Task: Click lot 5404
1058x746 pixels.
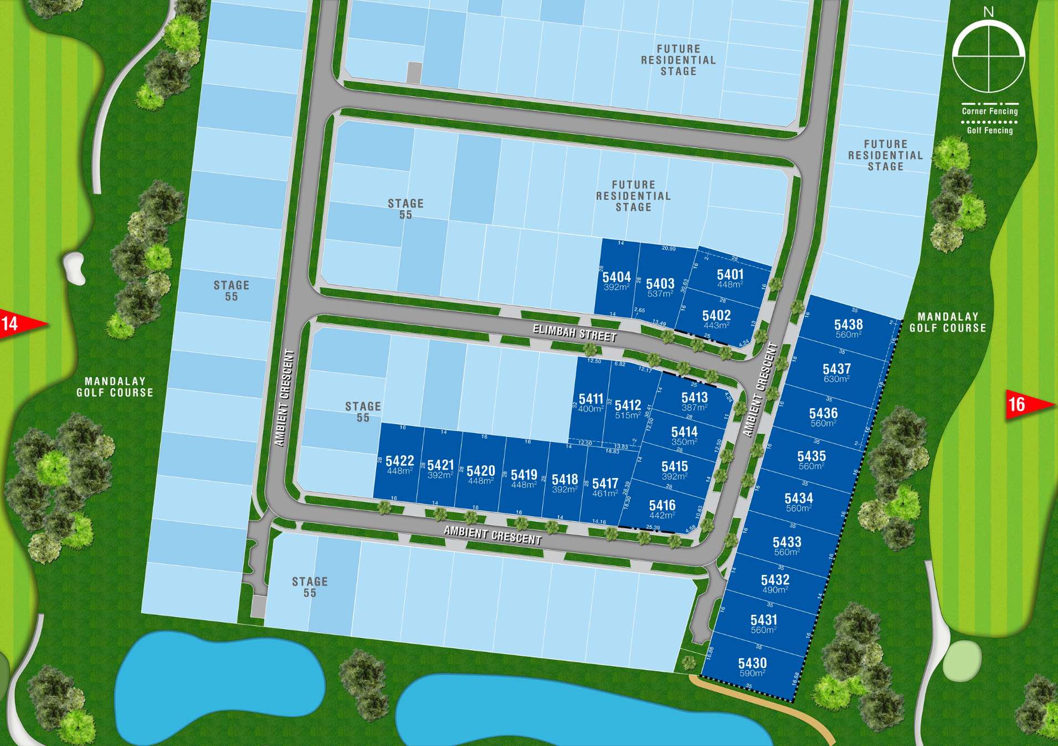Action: click(x=616, y=280)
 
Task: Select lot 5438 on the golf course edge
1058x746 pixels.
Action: click(x=848, y=327)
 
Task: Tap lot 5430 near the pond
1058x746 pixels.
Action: click(x=752, y=666)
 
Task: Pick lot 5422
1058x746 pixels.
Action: click(x=399, y=464)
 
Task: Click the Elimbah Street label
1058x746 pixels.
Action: click(x=574, y=333)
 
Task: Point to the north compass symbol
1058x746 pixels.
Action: click(x=988, y=55)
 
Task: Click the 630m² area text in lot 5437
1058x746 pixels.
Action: click(x=836, y=379)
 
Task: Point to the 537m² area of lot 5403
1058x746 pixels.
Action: click(x=659, y=294)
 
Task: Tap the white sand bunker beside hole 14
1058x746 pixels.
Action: click(x=75, y=267)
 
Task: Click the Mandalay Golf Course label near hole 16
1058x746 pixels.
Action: click(x=948, y=322)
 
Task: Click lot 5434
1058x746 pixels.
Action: click(x=798, y=502)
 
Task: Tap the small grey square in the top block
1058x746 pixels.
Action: click(x=414, y=73)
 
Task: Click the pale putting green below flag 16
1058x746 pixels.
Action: click(x=962, y=661)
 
